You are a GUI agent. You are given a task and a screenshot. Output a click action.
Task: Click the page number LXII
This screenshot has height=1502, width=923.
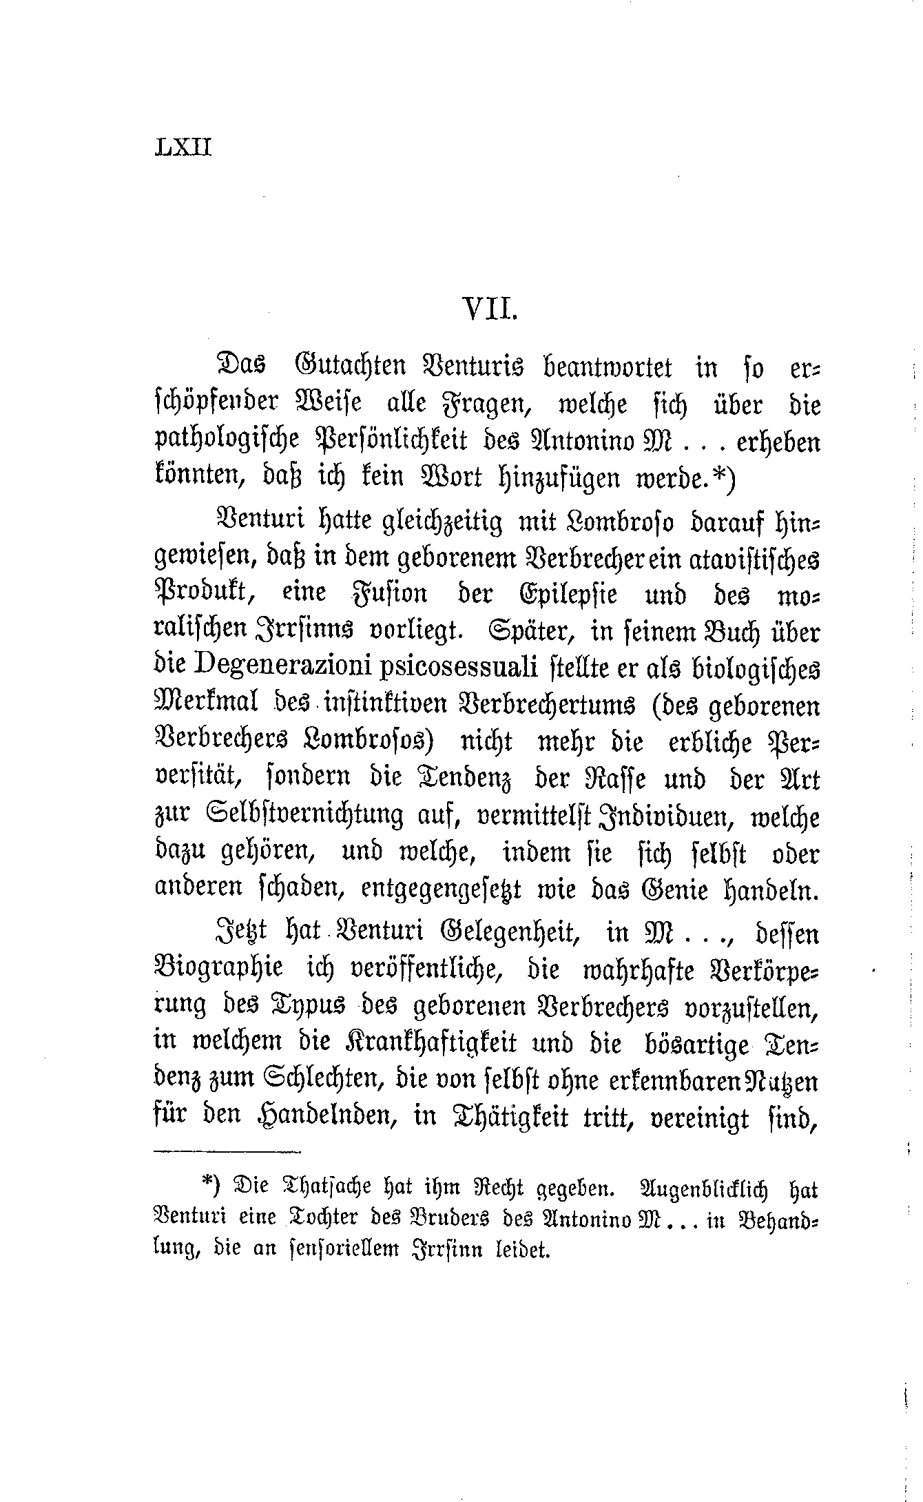pyautogui.click(x=183, y=147)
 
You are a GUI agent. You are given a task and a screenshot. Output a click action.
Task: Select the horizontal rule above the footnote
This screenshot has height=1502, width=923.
pyautogui.click(x=227, y=1152)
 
